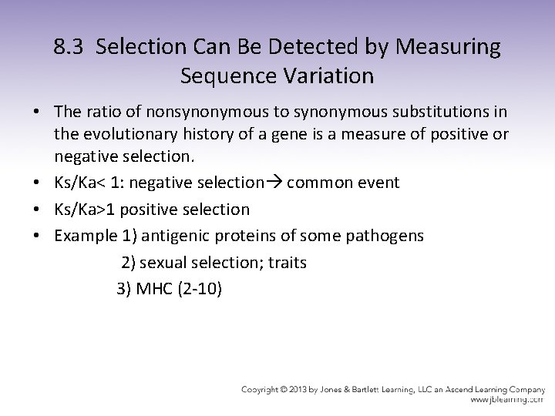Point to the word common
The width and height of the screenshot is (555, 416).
314,183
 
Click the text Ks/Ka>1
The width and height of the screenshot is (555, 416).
84,210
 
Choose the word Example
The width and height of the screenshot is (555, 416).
83,236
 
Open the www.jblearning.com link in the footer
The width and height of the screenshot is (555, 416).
506,400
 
